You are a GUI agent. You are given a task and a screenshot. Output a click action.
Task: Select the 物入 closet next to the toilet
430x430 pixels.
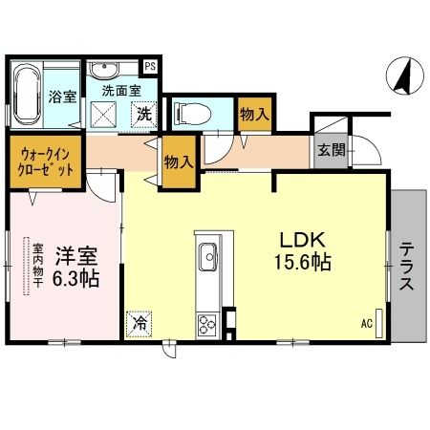[x=253, y=114]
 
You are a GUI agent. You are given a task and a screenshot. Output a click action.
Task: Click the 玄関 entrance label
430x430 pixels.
[x=333, y=150]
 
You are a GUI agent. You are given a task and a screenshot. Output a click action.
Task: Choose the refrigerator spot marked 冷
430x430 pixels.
[x=140, y=323]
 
